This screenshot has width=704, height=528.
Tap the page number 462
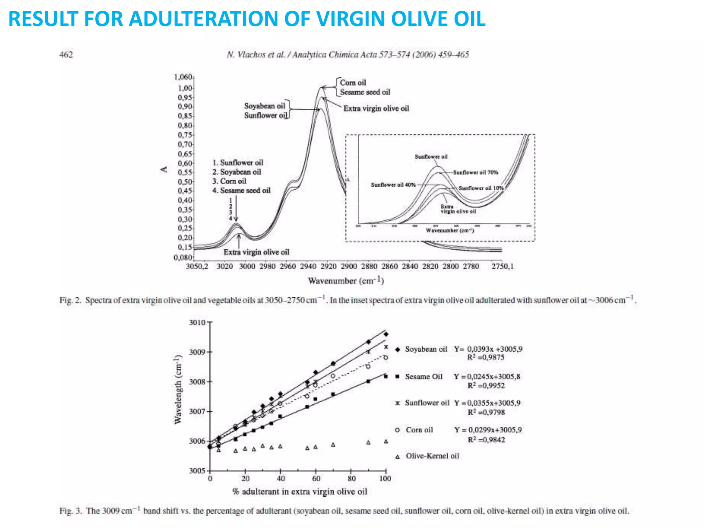point(66,55)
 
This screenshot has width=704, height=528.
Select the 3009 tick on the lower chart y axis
point(197,352)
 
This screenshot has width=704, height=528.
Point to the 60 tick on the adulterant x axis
point(316,478)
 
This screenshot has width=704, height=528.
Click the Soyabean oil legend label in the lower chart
point(426,349)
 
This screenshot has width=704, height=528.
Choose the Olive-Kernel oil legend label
point(432,456)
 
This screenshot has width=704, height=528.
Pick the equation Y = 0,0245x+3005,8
point(487,377)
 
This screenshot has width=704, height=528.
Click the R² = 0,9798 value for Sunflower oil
point(486,412)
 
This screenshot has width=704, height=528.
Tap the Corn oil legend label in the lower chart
point(419,430)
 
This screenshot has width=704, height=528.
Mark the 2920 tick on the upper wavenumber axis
point(328,266)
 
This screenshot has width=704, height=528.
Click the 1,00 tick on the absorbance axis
point(185,88)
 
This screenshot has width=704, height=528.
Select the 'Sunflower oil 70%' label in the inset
point(475,172)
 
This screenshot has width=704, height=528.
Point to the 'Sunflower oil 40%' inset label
point(393,185)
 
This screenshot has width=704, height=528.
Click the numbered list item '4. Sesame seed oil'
point(241,190)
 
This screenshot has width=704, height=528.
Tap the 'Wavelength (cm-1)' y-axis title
point(178,389)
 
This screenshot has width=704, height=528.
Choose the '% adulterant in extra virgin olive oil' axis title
point(300,492)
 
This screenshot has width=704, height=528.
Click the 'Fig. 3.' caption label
point(70,511)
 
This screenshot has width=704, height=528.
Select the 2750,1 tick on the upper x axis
point(502,266)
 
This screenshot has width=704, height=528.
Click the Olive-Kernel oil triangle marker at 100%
point(386,441)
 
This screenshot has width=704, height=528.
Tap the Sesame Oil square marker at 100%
point(386,376)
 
